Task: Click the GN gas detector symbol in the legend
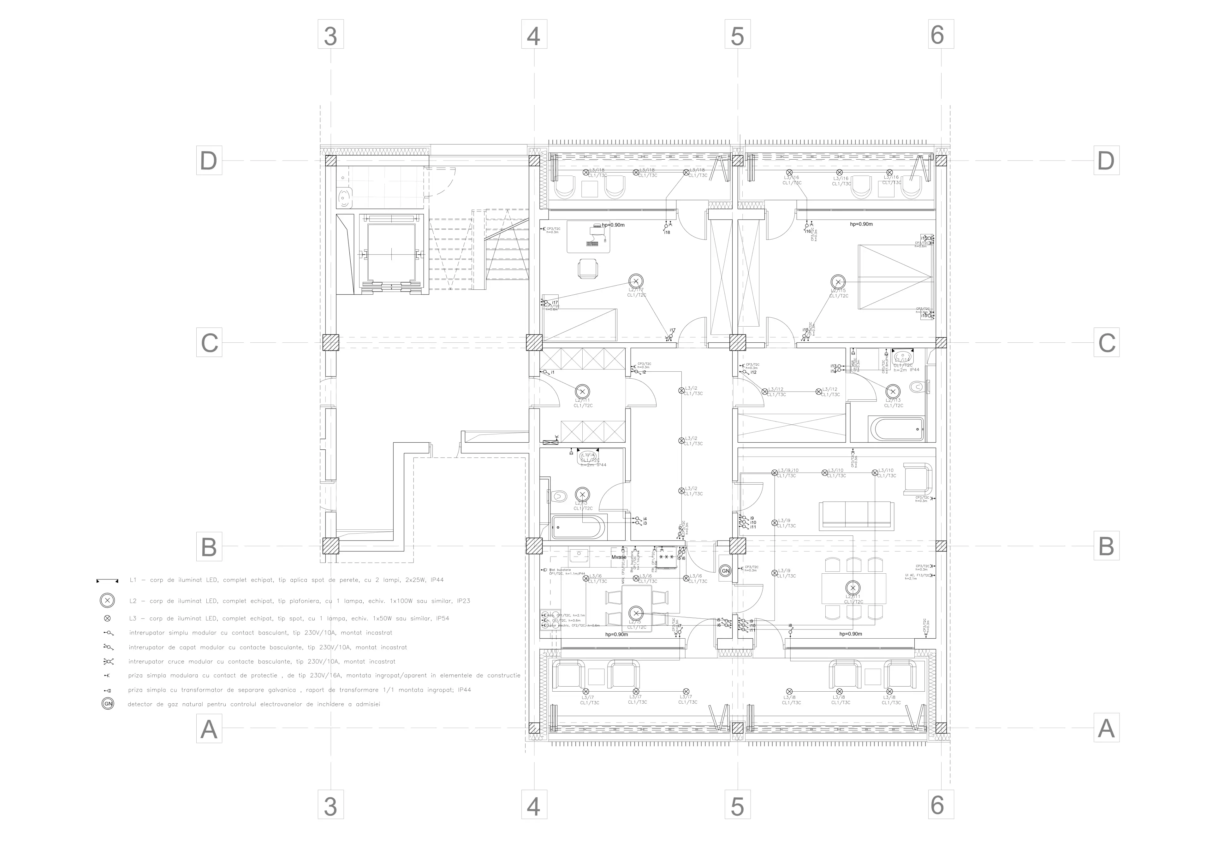[108, 704]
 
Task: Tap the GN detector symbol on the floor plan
[725, 571]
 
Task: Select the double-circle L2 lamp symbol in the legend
[107, 600]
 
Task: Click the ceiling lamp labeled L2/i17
[636, 281]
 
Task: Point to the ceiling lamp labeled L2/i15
[838, 281]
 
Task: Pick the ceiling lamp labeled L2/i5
[636, 613]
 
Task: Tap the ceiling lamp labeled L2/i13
[893, 392]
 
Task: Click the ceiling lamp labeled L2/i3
[582, 494]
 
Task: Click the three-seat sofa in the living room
[856, 515]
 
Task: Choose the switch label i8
[790, 626]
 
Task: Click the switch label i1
[553, 373]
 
